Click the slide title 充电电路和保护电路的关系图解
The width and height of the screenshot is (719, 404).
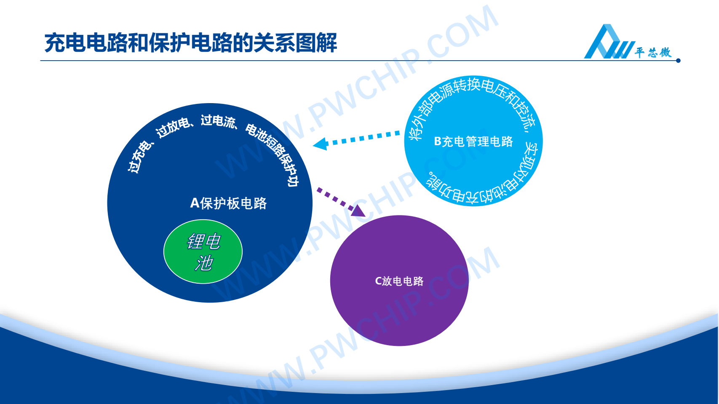[x=191, y=43]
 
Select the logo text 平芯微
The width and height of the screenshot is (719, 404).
[x=653, y=52]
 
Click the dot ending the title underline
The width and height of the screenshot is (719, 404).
[x=678, y=61]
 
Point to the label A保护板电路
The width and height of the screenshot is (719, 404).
[x=229, y=203]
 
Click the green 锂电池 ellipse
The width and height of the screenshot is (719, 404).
[x=203, y=251]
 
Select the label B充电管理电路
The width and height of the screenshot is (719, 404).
[x=473, y=141]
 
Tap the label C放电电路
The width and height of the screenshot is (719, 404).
[x=399, y=281]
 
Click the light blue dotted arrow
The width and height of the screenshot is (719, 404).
[x=356, y=139]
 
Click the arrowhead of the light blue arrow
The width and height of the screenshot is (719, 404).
[x=321, y=144]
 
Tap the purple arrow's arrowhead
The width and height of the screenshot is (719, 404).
[x=359, y=211]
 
